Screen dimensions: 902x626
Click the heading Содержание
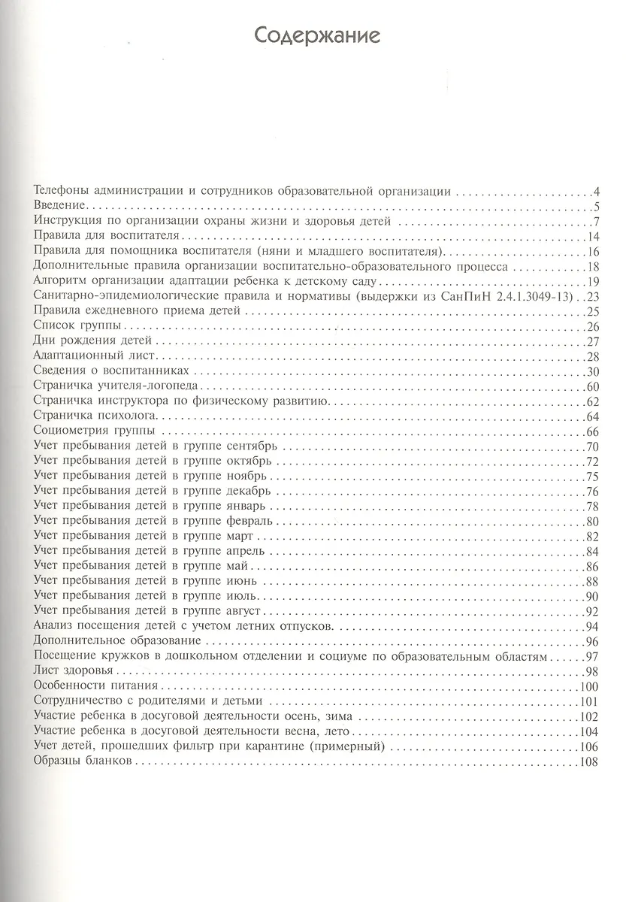[316, 35]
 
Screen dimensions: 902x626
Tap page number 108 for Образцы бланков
[588, 762]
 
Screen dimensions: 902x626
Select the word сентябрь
[256, 446]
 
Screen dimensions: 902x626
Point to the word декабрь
[253, 491]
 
